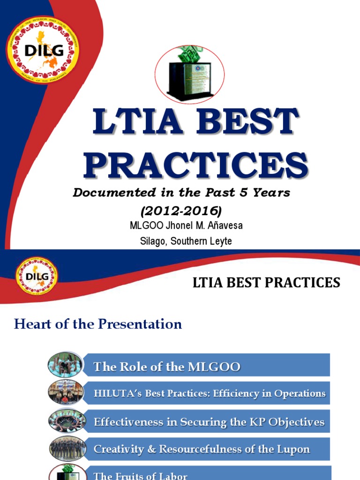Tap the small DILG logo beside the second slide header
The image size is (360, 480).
pyautogui.click(x=37, y=276)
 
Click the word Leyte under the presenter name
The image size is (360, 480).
pyautogui.click(x=219, y=241)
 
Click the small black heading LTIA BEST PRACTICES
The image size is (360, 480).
pyautogui.click(x=266, y=283)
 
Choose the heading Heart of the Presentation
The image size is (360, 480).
pyautogui.click(x=98, y=324)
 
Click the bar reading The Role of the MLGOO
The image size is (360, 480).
pyautogui.click(x=206, y=365)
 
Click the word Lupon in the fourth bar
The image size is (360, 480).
pyautogui.click(x=294, y=449)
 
